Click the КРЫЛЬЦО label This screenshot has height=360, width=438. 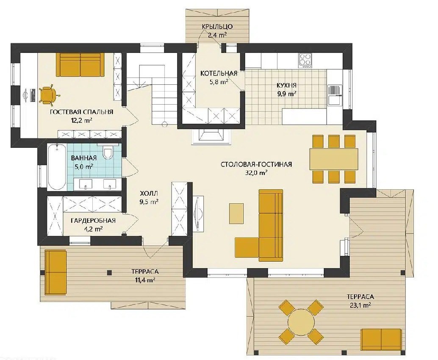pyautogui.click(x=217, y=27)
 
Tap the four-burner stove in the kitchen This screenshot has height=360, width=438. pyautogui.click(x=305, y=60)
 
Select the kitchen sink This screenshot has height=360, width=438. pyautogui.click(x=335, y=100)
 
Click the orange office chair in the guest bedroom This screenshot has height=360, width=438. pyautogui.click(x=48, y=95)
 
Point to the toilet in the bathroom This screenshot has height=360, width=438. pyautogui.click(x=108, y=152)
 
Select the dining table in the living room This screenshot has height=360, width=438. pyautogui.click(x=333, y=159)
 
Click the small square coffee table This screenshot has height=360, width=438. pyautogui.click(x=236, y=213)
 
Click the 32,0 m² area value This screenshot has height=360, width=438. pyautogui.click(x=256, y=173)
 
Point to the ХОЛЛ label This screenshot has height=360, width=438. pyautogui.click(x=149, y=193)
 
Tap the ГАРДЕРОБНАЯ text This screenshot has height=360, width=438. pyautogui.click(x=93, y=221)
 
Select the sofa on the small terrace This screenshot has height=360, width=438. pyautogui.click(x=56, y=272)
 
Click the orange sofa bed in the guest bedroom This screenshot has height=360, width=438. pyautogui.click(x=80, y=64)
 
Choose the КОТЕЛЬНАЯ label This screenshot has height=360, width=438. pyautogui.click(x=219, y=73)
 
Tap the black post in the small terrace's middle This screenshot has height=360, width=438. pyautogui.click(x=109, y=272)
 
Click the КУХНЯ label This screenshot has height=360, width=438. pyautogui.click(x=287, y=85)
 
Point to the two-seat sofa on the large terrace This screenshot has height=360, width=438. pyautogui.click(x=381, y=340)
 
